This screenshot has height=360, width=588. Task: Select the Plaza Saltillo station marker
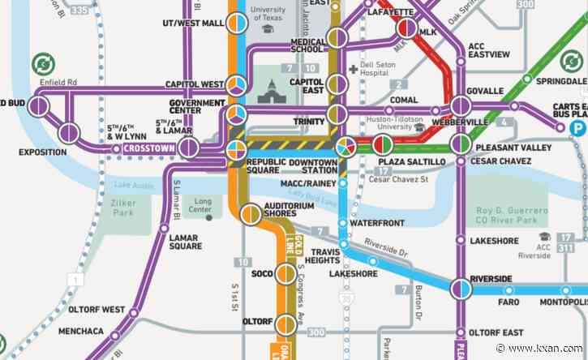(x=382, y=146)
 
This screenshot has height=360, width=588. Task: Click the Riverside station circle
(x=461, y=288)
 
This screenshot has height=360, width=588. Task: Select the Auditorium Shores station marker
(x=251, y=214)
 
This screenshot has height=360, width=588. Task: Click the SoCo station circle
(x=285, y=273)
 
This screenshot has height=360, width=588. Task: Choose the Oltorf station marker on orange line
(x=285, y=325)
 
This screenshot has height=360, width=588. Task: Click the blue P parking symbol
(x=578, y=128)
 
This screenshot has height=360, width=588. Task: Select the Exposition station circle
(x=70, y=132)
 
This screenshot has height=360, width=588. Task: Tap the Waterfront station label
(x=376, y=222)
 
